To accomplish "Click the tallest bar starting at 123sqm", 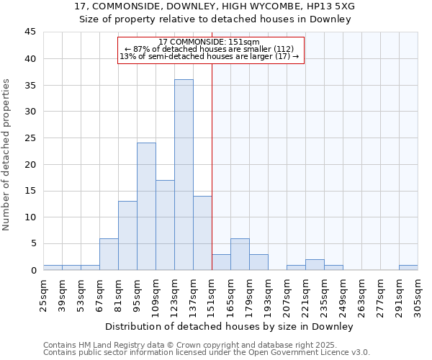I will (184, 174).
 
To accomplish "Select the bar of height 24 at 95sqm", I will (146, 206).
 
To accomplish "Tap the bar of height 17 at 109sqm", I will (165, 225).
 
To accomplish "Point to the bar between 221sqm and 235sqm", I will (315, 264).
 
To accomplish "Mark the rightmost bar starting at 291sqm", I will (408, 267).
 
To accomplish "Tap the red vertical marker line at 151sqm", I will (212, 166).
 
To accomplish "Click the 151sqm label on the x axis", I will (212, 295).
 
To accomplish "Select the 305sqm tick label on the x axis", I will (418, 295).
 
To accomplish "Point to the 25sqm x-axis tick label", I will (43, 295).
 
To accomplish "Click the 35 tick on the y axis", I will (30, 85).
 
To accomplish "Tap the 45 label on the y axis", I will (30, 32).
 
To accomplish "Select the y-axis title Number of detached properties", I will (7, 155).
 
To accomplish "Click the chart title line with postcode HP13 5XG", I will (215, 6).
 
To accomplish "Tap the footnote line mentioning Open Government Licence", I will (207, 353).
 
